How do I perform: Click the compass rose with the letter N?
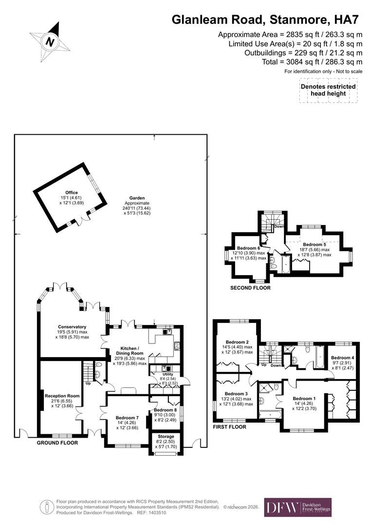[x=49, y=41]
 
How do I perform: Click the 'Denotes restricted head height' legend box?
[x=328, y=90]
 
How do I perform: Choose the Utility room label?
[x=161, y=374]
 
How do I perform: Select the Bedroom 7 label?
[x=127, y=418]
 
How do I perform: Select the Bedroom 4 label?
[x=341, y=358]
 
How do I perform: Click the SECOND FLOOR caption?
[x=250, y=288]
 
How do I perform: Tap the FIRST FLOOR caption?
[x=229, y=426]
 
